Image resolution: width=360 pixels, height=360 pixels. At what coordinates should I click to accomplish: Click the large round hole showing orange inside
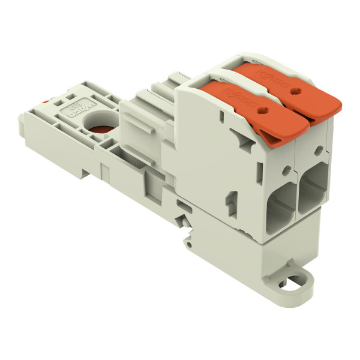click(97, 126)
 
